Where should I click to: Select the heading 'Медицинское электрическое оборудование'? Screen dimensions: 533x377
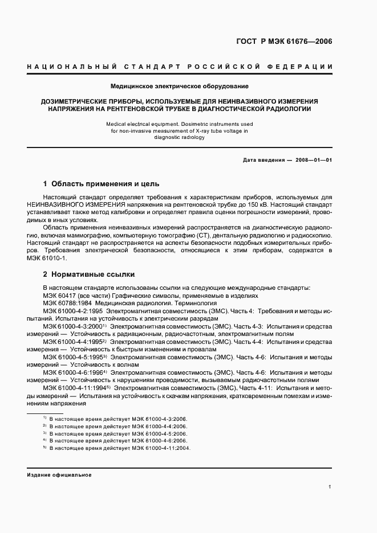click(x=188, y=87)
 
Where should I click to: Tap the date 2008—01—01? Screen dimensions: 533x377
click(x=314, y=160)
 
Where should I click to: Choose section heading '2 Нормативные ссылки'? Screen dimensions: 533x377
click(x=81, y=274)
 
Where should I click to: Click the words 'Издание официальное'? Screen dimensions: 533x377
click(x=59, y=474)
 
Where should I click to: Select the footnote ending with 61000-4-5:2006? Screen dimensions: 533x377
click(x=118, y=433)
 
